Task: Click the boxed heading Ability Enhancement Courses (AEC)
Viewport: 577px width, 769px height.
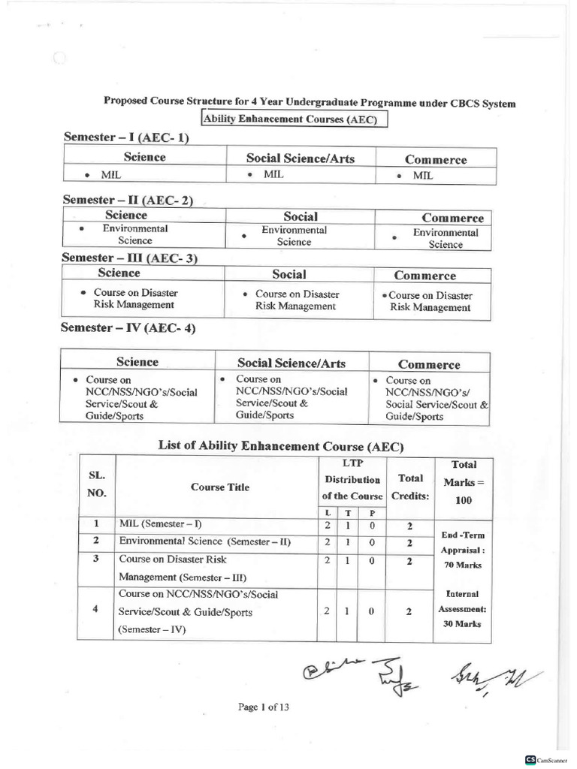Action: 294,119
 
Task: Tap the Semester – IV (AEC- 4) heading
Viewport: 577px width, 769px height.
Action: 130,328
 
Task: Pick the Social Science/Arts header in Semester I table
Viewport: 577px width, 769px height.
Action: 300,158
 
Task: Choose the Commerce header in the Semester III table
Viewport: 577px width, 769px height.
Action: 424,276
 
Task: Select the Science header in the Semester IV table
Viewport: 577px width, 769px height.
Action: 137,362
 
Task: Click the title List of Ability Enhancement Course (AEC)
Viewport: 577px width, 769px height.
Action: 281,445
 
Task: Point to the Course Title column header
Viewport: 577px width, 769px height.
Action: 219,487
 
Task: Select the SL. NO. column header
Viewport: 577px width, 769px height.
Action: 98,485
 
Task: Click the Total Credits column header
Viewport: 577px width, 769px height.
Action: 410,487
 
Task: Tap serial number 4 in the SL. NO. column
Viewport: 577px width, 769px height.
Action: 95,609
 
